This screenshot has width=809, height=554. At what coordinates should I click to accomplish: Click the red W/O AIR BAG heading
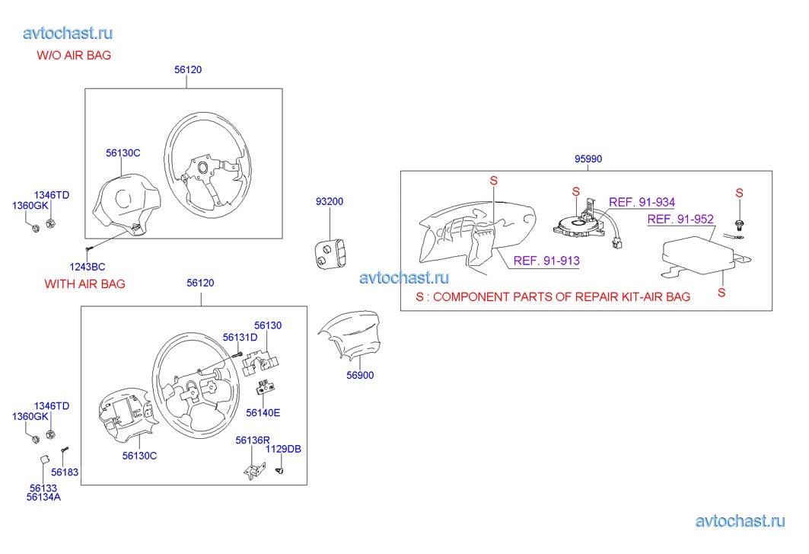tap(74, 56)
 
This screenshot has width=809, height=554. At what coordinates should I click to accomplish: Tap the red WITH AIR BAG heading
tap(84, 283)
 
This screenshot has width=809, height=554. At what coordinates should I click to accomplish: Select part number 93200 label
tap(330, 201)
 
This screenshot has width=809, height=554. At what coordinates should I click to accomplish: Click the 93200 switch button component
tap(330, 253)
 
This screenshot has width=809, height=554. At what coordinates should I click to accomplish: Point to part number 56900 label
tap(360, 375)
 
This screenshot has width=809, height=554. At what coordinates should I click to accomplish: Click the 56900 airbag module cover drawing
tap(349, 333)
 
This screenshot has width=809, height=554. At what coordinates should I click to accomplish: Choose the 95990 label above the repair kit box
tap(588, 159)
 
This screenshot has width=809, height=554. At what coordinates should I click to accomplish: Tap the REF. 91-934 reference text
tap(642, 202)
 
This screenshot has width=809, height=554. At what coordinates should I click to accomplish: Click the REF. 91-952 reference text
tap(680, 219)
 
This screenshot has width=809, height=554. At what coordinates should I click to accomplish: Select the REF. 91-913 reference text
tap(546, 261)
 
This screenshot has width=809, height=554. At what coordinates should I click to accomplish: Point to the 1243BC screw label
tap(88, 267)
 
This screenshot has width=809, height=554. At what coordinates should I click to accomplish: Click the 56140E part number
tap(263, 412)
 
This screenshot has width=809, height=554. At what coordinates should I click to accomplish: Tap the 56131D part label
tap(240, 338)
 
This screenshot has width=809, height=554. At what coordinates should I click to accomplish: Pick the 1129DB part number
tap(283, 449)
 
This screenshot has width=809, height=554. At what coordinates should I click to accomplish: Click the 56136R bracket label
tap(253, 440)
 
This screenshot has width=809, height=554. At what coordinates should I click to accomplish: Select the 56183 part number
tap(65, 472)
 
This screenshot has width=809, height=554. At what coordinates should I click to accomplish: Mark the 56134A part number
tap(43, 497)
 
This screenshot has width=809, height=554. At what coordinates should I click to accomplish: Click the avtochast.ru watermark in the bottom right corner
tap(740, 521)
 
